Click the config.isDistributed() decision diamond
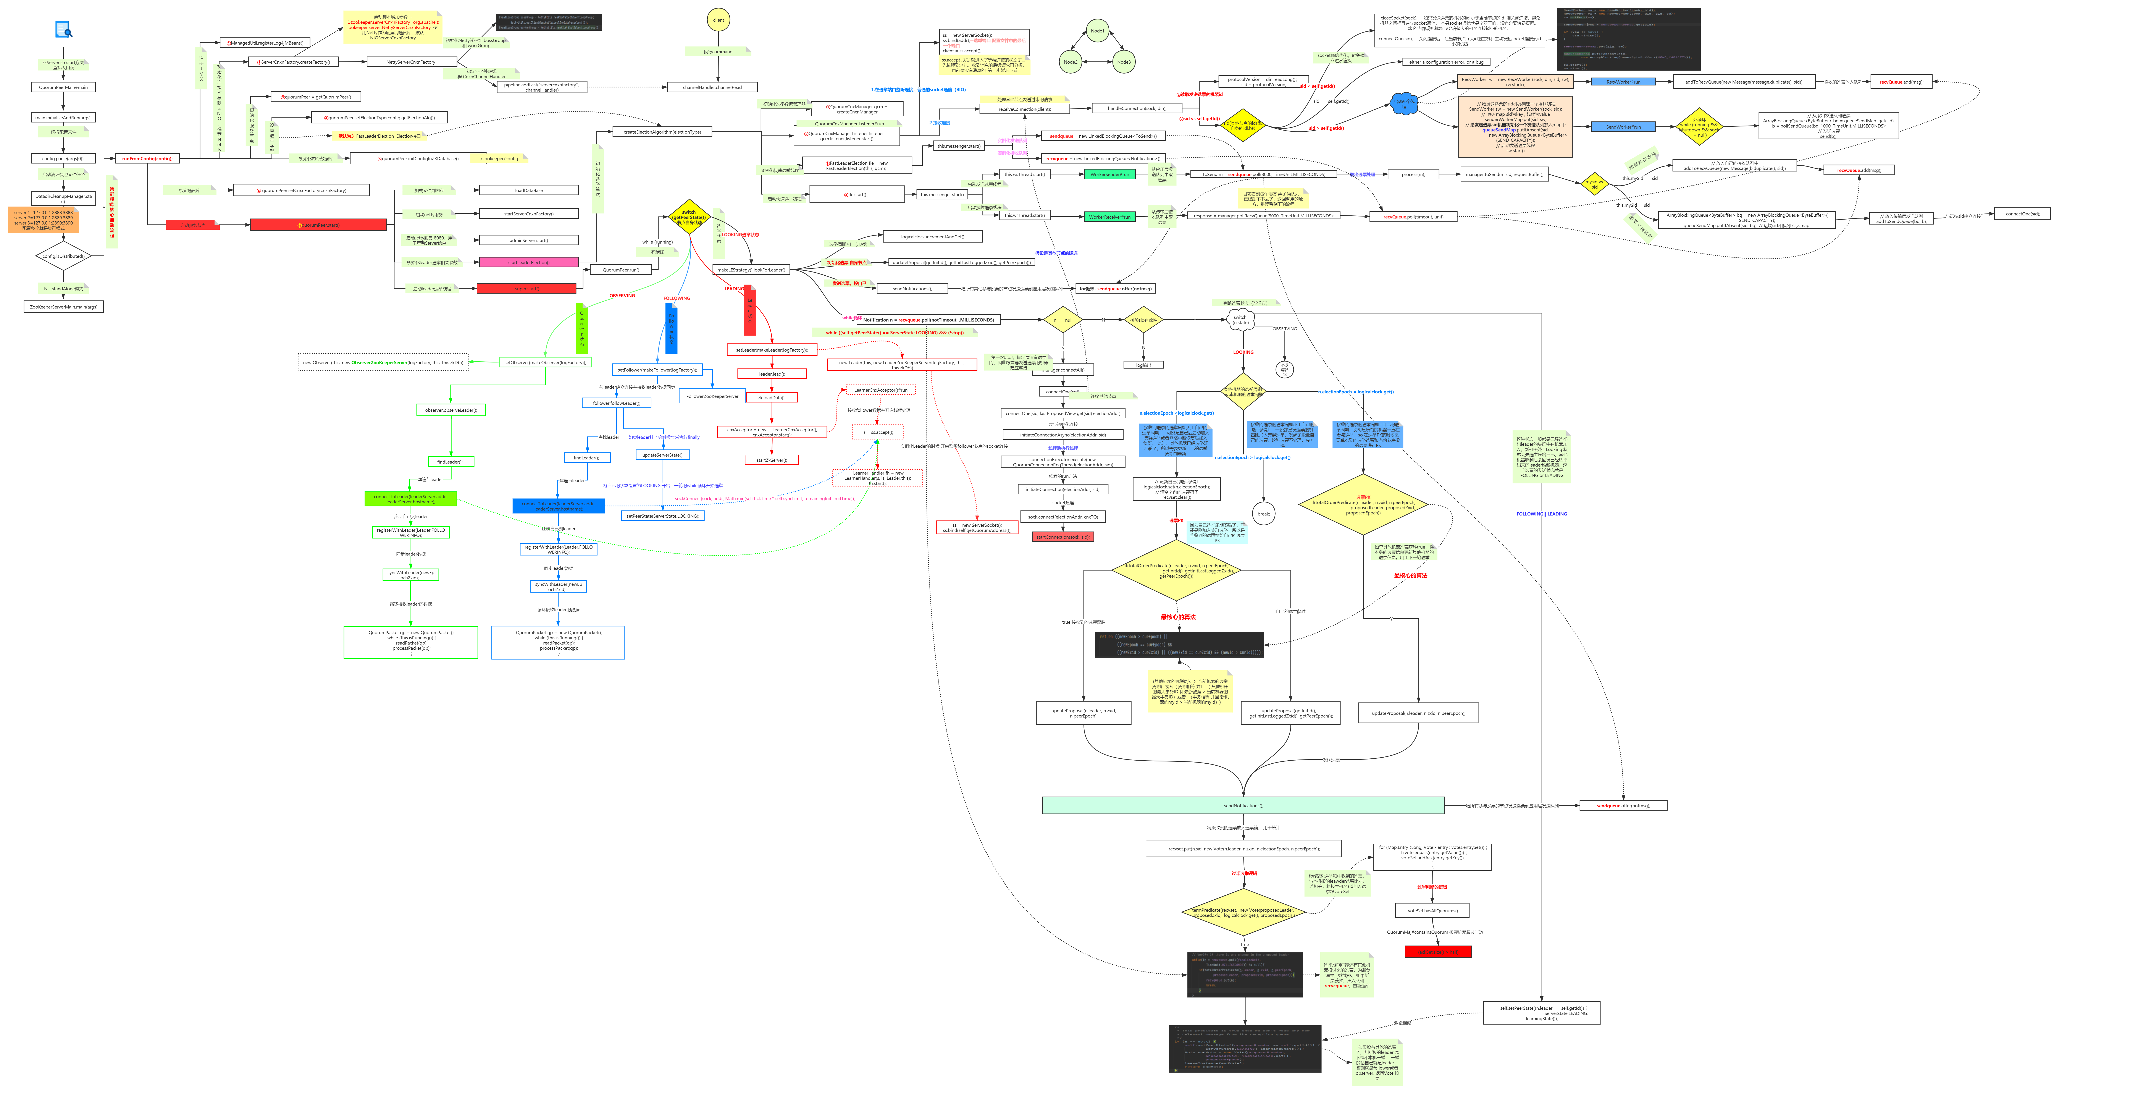63,256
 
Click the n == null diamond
1063,320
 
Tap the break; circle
1263,514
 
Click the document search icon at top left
63,30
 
